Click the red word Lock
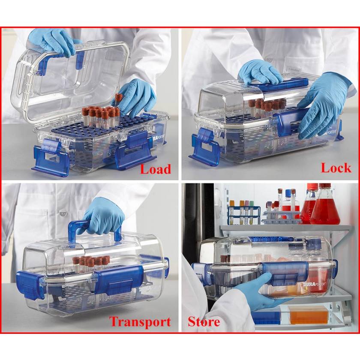[x=336, y=168]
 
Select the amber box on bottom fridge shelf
[x=309, y=315]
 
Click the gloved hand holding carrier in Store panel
[x=257, y=291]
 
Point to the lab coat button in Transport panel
[x=63, y=213]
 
